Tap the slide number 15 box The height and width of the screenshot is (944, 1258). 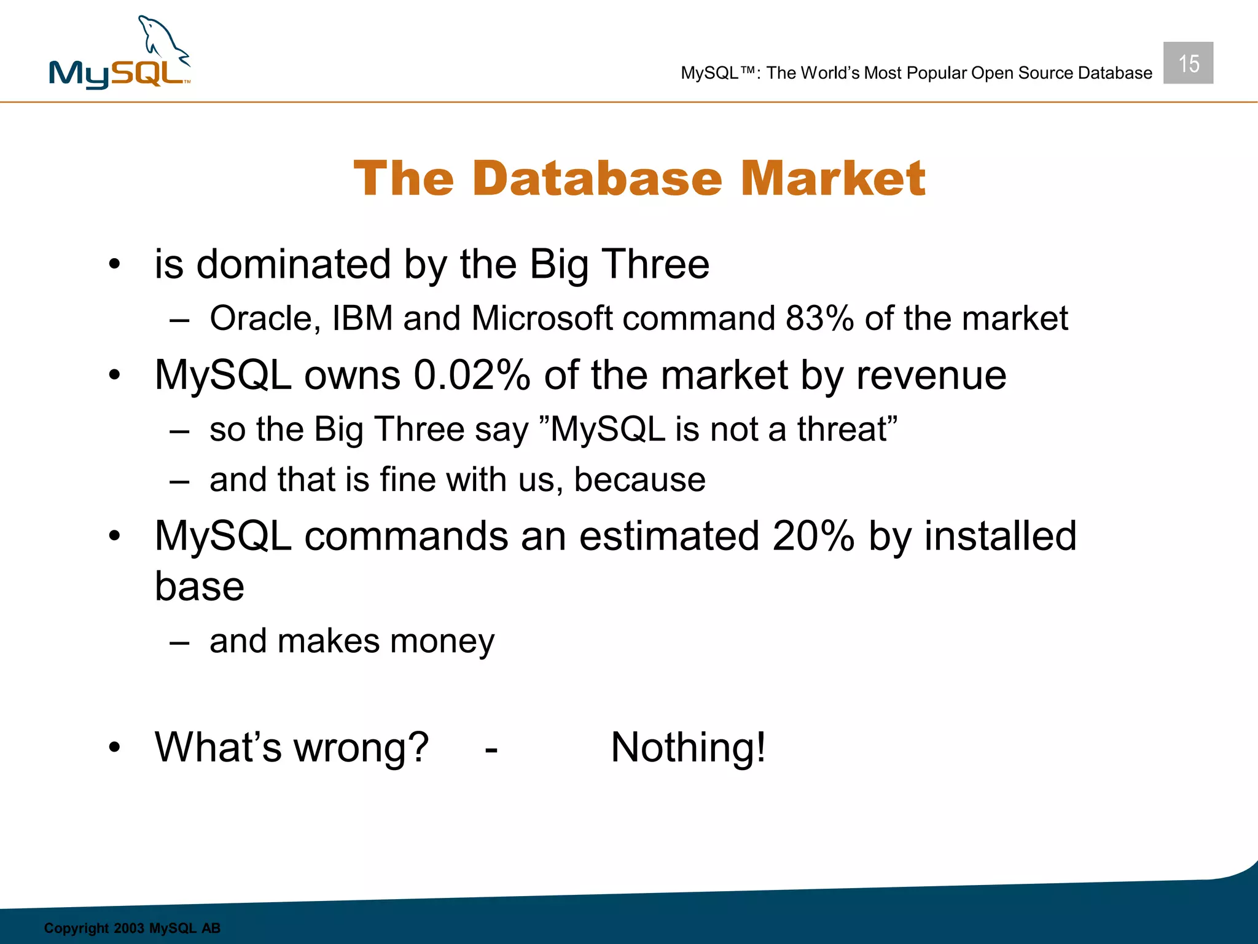1188,63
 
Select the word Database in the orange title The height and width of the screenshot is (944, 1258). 597,179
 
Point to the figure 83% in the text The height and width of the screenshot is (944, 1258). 819,318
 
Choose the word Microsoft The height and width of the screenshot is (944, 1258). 542,318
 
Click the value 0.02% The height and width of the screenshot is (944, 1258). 471,375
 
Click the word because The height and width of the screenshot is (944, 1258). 639,479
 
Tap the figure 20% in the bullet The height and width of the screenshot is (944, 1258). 813,536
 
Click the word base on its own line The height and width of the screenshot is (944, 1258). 199,587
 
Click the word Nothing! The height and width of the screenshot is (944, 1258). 688,747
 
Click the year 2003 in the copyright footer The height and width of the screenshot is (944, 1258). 128,928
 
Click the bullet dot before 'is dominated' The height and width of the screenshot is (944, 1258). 114,265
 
